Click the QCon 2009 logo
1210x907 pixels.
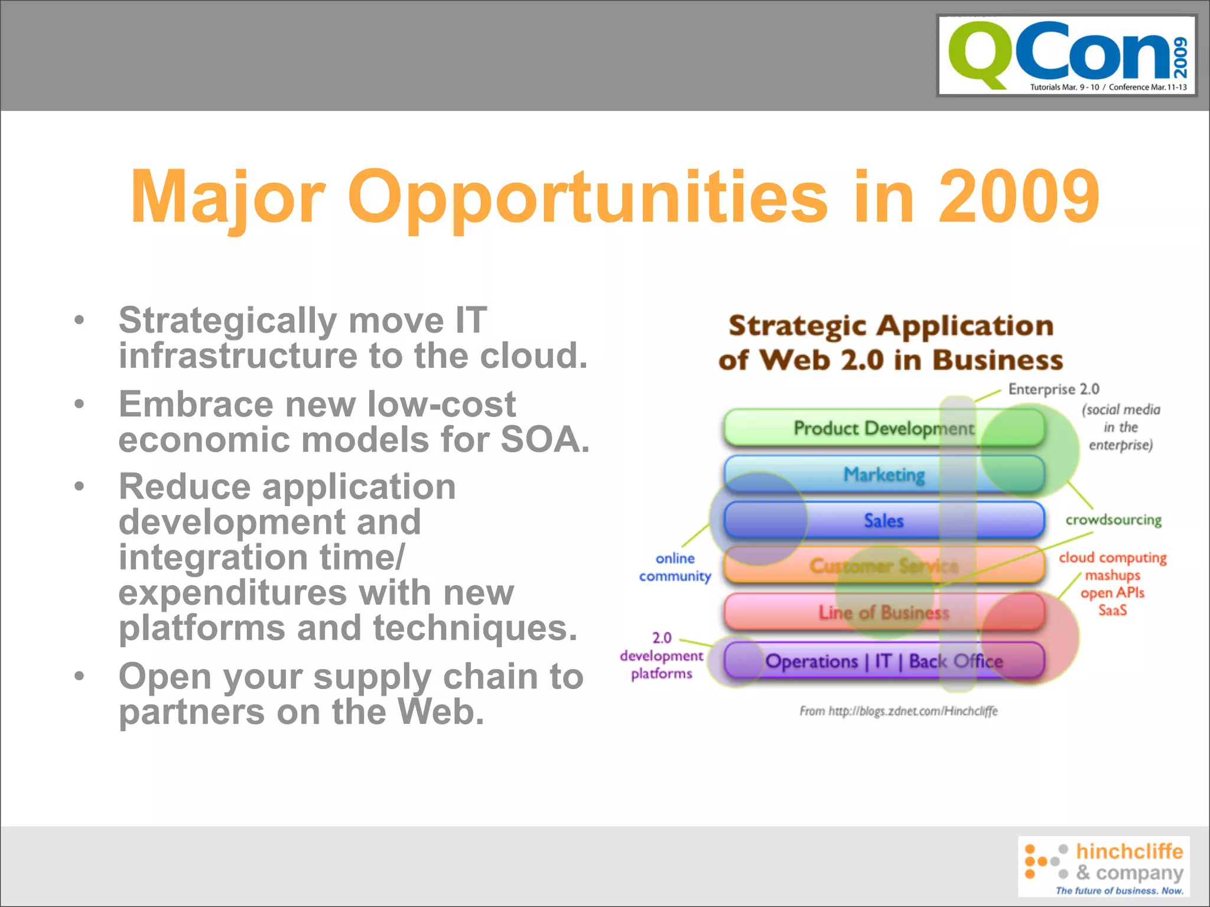point(1067,56)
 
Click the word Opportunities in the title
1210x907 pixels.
point(587,197)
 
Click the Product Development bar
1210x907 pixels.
point(883,428)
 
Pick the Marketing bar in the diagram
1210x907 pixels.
point(884,474)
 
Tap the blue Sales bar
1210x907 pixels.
point(884,521)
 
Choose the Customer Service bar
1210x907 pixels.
point(884,566)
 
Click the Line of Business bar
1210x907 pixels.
point(884,612)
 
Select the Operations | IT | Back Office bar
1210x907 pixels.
point(884,661)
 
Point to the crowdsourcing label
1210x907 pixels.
point(1113,520)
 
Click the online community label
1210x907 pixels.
point(675,567)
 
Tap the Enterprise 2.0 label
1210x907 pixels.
point(1053,389)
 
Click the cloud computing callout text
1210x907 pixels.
point(1113,557)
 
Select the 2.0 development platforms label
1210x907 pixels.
point(662,655)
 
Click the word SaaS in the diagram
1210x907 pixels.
point(1113,610)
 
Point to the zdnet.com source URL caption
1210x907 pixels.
point(898,711)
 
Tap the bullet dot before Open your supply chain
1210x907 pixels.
point(79,676)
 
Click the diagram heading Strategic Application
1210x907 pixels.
point(891,326)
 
